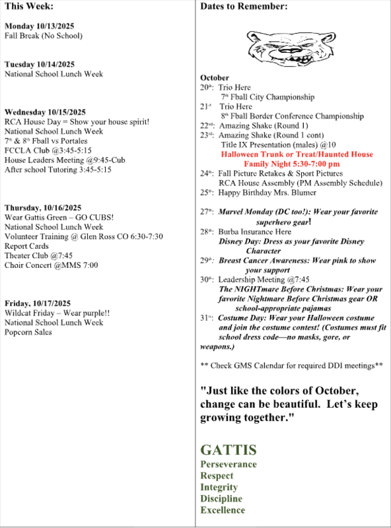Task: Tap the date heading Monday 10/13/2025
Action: tap(39, 26)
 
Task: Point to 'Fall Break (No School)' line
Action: tap(44, 36)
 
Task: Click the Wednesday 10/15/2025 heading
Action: tap(45, 112)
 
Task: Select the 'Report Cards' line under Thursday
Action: tap(26, 246)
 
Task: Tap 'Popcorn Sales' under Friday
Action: tap(28, 332)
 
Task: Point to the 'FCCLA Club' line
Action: tap(48, 150)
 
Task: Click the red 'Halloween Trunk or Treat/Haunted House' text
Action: tap(297, 154)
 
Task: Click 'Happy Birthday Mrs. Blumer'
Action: tap(269, 193)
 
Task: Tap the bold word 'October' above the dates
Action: tap(215, 78)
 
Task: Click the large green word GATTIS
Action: tap(229, 451)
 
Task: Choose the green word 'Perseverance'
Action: tap(229, 465)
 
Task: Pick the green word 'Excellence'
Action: tap(223, 510)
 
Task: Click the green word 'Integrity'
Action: tap(219, 488)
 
